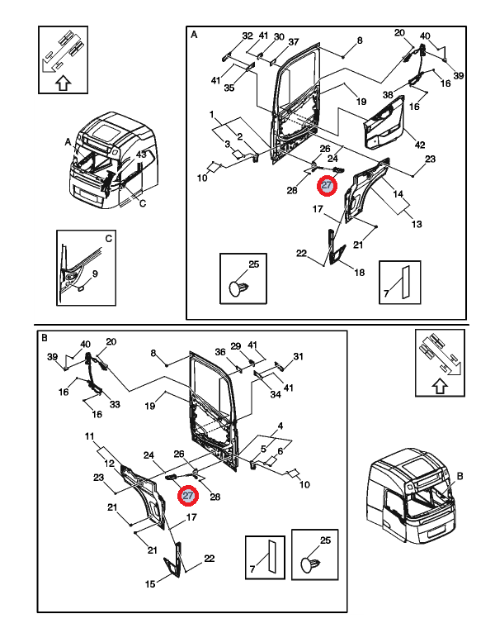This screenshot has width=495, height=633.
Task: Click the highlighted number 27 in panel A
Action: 328,186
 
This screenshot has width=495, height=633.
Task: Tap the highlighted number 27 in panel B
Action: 188,496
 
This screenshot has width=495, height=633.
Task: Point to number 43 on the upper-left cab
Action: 141,155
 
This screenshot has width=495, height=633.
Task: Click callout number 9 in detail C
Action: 95,274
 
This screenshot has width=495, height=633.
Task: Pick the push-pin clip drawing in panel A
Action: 241,286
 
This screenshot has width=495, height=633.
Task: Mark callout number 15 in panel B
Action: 150,584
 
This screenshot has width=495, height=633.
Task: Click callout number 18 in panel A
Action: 359,273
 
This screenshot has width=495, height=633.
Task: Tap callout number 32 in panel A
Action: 247,36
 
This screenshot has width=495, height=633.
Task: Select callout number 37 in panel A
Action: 293,42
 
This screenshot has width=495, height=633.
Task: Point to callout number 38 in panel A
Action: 388,96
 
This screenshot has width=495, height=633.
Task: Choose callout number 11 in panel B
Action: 89,435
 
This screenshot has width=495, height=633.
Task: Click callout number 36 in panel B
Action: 220,352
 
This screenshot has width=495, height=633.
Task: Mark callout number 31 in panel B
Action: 299,357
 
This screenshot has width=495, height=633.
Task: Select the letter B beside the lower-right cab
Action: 460,476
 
